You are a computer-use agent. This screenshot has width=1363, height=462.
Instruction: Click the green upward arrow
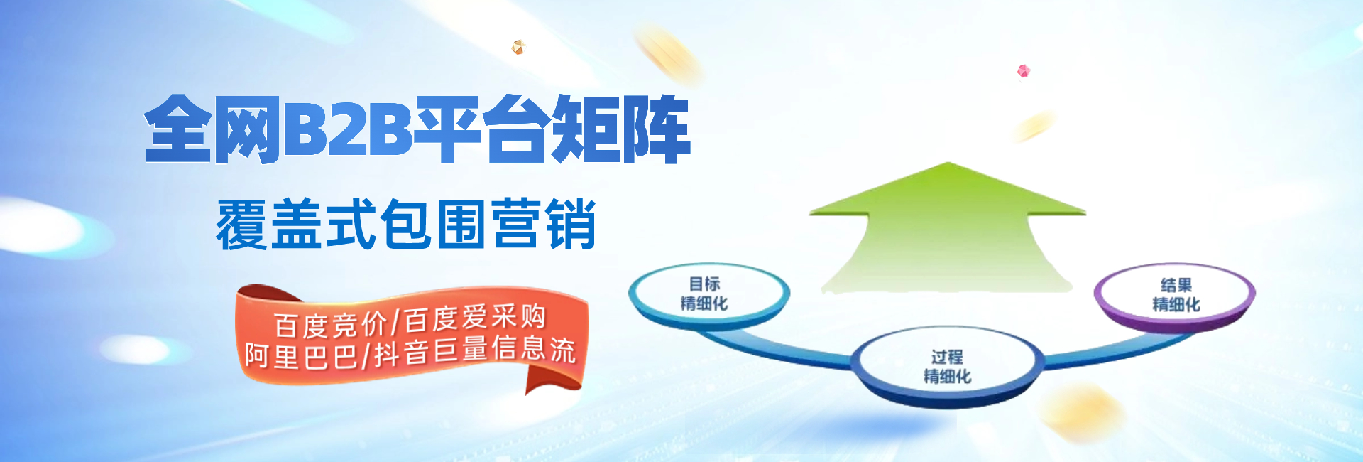pos(948,227)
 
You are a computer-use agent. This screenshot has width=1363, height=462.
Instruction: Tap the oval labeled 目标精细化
pos(708,295)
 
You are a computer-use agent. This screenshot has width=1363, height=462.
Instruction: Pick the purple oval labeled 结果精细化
pos(1175,296)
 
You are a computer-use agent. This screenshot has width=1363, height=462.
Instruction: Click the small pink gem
pos(1023,71)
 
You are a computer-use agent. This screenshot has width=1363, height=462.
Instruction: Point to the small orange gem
pos(518,47)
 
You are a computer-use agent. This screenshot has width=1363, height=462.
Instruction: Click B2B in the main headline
pos(348,129)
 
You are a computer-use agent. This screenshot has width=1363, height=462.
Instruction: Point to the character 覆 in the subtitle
pos(242,225)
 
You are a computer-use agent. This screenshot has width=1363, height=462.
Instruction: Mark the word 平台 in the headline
pos(483,129)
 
